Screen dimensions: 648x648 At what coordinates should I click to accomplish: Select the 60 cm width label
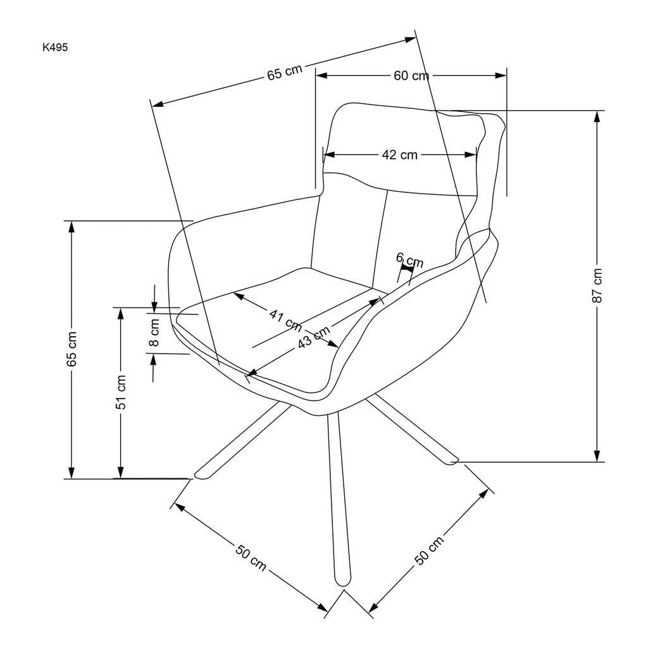[411, 76]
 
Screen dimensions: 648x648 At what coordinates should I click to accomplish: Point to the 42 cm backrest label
[399, 155]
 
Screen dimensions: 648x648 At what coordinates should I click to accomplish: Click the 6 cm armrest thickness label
[409, 259]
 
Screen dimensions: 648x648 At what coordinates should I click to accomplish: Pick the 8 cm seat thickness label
[154, 333]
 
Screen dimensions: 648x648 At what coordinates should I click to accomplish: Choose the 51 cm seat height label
[121, 392]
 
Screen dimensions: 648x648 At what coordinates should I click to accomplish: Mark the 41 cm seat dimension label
[285, 318]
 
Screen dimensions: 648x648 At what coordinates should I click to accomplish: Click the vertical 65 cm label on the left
[72, 349]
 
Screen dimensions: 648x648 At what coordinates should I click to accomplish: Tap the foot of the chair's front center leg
[342, 579]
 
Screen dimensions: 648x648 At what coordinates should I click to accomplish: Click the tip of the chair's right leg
[451, 458]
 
